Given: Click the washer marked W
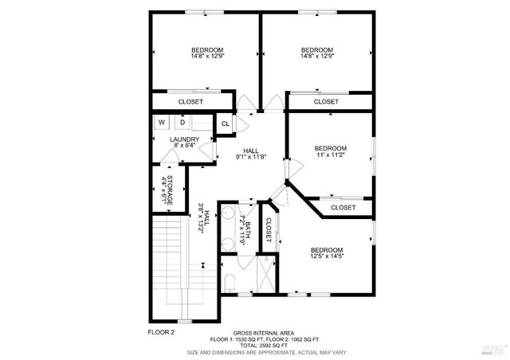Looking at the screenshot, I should [x=162, y=123].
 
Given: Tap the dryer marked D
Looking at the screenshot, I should [x=182, y=123].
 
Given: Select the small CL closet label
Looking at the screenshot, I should [x=225, y=123].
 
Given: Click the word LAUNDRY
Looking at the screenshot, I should [x=184, y=139].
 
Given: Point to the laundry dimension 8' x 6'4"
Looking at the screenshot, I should [x=184, y=146].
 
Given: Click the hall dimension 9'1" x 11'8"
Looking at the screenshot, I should [x=251, y=157].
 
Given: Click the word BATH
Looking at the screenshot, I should [x=248, y=232].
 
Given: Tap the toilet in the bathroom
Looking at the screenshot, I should [x=228, y=281].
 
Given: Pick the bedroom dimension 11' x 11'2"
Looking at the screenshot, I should [x=330, y=155].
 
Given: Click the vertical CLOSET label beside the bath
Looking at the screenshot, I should [x=269, y=230].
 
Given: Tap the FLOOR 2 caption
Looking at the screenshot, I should [x=161, y=331].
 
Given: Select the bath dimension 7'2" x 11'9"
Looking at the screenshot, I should [x=240, y=232].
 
